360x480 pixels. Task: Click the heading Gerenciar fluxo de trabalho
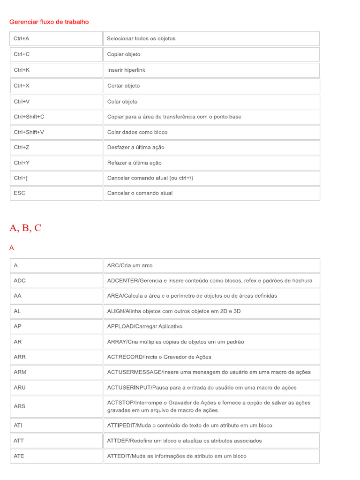[x=49, y=22]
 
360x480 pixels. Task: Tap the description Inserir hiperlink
[x=126, y=70]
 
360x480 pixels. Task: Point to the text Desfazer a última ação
[x=135, y=147]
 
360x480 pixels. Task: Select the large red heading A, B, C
[x=25, y=228]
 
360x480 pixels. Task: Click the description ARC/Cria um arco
[x=130, y=265]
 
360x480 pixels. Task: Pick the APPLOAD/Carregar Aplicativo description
[x=145, y=326]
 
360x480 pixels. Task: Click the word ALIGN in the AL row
[x=115, y=311]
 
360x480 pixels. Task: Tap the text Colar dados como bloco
[x=137, y=132]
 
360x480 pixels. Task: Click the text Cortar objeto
[x=123, y=86]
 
